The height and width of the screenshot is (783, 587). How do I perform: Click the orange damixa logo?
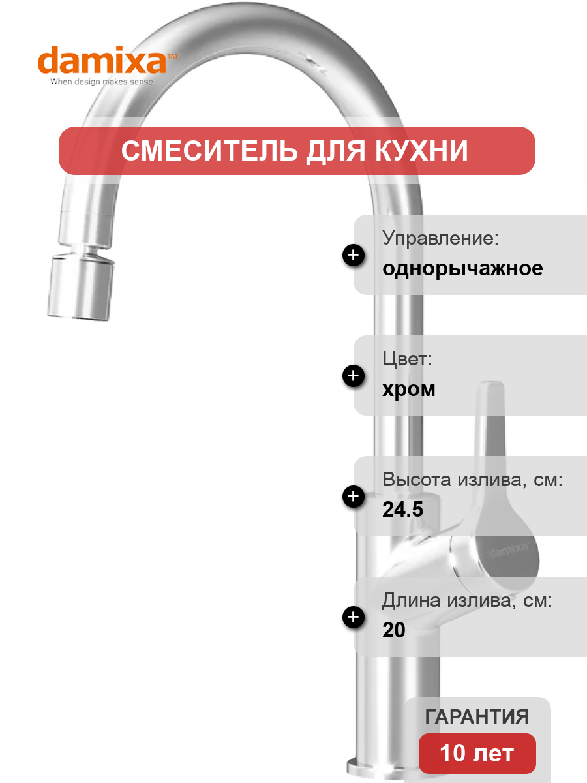102,59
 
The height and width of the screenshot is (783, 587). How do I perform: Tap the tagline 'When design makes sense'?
102,82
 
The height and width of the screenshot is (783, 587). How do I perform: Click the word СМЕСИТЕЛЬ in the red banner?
209,151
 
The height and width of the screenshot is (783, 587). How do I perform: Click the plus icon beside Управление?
354,255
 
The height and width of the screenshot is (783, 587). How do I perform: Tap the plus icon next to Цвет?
354,376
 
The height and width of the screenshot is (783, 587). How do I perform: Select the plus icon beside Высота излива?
354,496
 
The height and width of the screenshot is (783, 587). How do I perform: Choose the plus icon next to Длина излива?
354,617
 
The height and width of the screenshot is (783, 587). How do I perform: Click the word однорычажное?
462,269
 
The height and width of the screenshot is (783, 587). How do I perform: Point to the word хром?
409,389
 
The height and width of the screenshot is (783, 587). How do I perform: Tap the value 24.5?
402,509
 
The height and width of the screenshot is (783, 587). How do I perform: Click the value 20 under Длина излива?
394,630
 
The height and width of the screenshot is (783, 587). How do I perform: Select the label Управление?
440,238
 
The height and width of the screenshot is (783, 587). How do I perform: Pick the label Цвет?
407,358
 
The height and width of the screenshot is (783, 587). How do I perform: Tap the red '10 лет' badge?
477,754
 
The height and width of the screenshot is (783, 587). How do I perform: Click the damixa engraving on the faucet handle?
509,549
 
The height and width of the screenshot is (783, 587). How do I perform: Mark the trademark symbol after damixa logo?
172,56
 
